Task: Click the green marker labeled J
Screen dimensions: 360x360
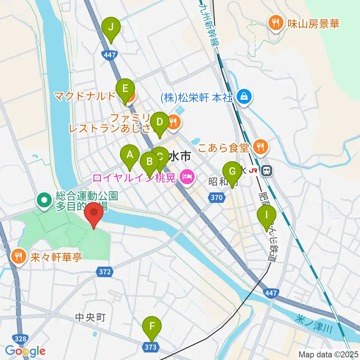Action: (x=111, y=27)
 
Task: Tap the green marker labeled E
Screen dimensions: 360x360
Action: (x=125, y=89)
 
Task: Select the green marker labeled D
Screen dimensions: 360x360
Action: (x=160, y=122)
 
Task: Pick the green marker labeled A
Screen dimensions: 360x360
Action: (x=130, y=154)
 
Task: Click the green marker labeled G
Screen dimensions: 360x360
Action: (x=232, y=171)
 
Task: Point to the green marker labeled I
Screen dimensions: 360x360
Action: (x=267, y=215)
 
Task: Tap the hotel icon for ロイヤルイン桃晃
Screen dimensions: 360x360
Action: (x=186, y=176)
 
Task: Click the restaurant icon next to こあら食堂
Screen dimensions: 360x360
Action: (x=260, y=147)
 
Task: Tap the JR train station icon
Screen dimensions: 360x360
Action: (x=267, y=171)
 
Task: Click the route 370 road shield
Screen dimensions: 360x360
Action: (x=217, y=197)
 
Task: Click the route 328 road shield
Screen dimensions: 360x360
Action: (x=21, y=339)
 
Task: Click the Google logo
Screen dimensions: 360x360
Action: (x=25, y=351)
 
